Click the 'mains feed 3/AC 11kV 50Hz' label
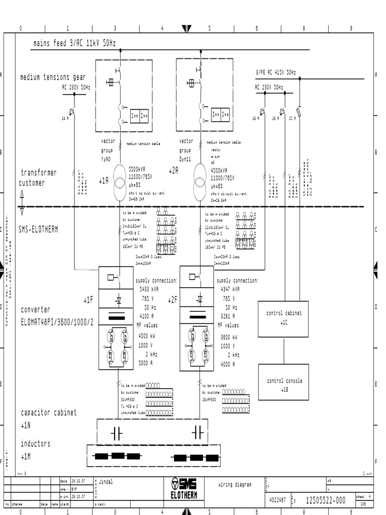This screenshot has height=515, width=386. [74, 43]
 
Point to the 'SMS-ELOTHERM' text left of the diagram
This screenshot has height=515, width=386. [38, 229]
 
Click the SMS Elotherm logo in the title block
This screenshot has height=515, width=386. [184, 488]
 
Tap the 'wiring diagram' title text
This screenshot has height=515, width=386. [235, 485]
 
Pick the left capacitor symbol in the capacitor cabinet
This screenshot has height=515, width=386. [117, 432]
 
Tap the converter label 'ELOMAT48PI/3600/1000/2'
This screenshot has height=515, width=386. [57, 322]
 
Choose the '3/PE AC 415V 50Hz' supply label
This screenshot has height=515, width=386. [275, 73]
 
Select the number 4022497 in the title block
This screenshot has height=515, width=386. [277, 499]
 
